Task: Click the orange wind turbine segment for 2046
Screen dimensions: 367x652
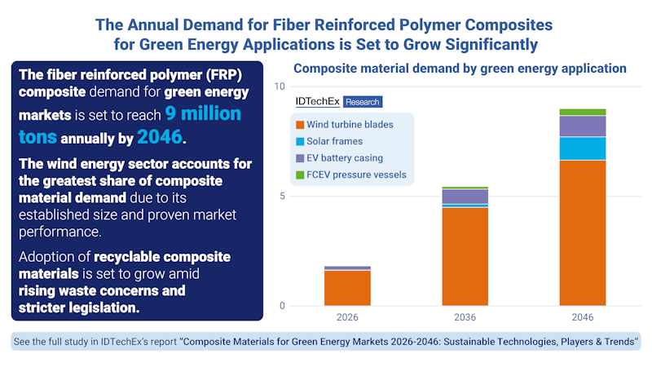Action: (x=583, y=232)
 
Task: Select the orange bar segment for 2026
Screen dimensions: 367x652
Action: (x=347, y=288)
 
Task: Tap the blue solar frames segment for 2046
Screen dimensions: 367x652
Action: (x=583, y=148)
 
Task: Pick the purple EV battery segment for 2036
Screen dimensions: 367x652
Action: (x=465, y=196)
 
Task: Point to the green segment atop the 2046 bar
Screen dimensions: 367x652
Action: (x=583, y=112)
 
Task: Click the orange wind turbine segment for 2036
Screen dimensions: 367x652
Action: (x=465, y=257)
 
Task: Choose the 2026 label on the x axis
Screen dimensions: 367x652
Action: (x=347, y=317)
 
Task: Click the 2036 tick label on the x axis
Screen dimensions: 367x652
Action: (x=465, y=317)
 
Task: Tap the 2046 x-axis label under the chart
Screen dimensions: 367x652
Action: (x=583, y=317)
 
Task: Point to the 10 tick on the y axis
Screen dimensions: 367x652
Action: (x=279, y=86)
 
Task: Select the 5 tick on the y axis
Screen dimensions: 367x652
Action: (x=281, y=197)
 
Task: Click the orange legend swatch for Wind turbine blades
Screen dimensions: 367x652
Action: (x=301, y=125)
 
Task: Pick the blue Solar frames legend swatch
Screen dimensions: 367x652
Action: (x=301, y=142)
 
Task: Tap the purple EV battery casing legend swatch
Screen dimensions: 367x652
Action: (x=301, y=158)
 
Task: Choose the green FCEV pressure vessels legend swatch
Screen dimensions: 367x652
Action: (x=301, y=175)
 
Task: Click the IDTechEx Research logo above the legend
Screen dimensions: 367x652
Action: (x=338, y=102)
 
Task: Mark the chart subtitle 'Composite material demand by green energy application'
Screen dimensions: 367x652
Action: (x=460, y=69)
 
